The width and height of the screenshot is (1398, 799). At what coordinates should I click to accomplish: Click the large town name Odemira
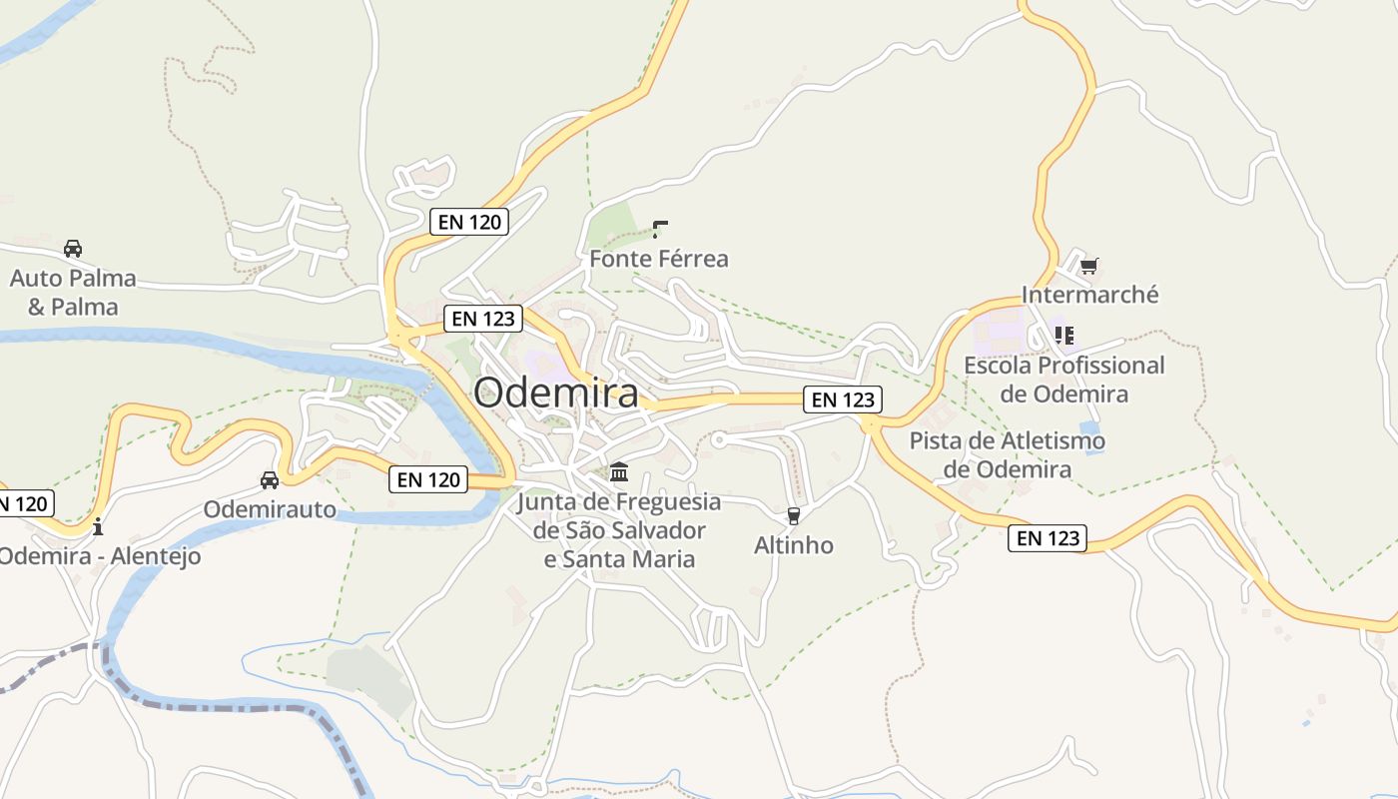coord(556,393)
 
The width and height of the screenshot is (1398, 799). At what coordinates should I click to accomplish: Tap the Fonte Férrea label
coord(658,259)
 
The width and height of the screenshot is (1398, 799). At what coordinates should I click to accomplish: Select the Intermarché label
coord(1089,295)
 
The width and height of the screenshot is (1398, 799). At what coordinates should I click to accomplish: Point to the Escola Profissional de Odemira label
coord(1063,380)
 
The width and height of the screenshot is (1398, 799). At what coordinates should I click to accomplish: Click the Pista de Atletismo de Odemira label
coord(1007,454)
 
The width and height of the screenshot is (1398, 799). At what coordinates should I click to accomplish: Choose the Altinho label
coord(793,545)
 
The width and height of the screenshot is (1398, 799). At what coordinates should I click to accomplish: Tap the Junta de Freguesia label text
coord(618,530)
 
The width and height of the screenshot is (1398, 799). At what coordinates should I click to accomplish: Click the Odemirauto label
coord(270,509)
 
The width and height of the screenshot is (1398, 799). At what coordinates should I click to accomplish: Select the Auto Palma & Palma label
coord(72,292)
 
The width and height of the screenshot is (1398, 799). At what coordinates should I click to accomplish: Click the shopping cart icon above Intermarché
coord(1088,266)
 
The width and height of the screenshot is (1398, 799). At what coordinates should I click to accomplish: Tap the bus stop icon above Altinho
coord(794,516)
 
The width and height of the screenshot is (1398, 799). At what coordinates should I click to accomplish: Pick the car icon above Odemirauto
coord(270,480)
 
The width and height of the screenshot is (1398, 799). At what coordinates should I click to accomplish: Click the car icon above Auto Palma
coord(72,248)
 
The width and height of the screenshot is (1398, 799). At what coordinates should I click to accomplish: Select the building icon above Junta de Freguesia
coord(619,471)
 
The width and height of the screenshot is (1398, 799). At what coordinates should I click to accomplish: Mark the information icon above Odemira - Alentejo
coord(97,525)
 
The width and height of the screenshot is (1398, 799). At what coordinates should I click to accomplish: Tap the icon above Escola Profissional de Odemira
coord(1063,335)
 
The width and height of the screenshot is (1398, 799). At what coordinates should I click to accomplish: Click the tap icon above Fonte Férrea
coord(659,229)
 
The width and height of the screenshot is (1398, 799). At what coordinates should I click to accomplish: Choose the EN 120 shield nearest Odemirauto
coord(428,479)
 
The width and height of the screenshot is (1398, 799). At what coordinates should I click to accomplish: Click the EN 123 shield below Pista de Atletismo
coord(1047,538)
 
